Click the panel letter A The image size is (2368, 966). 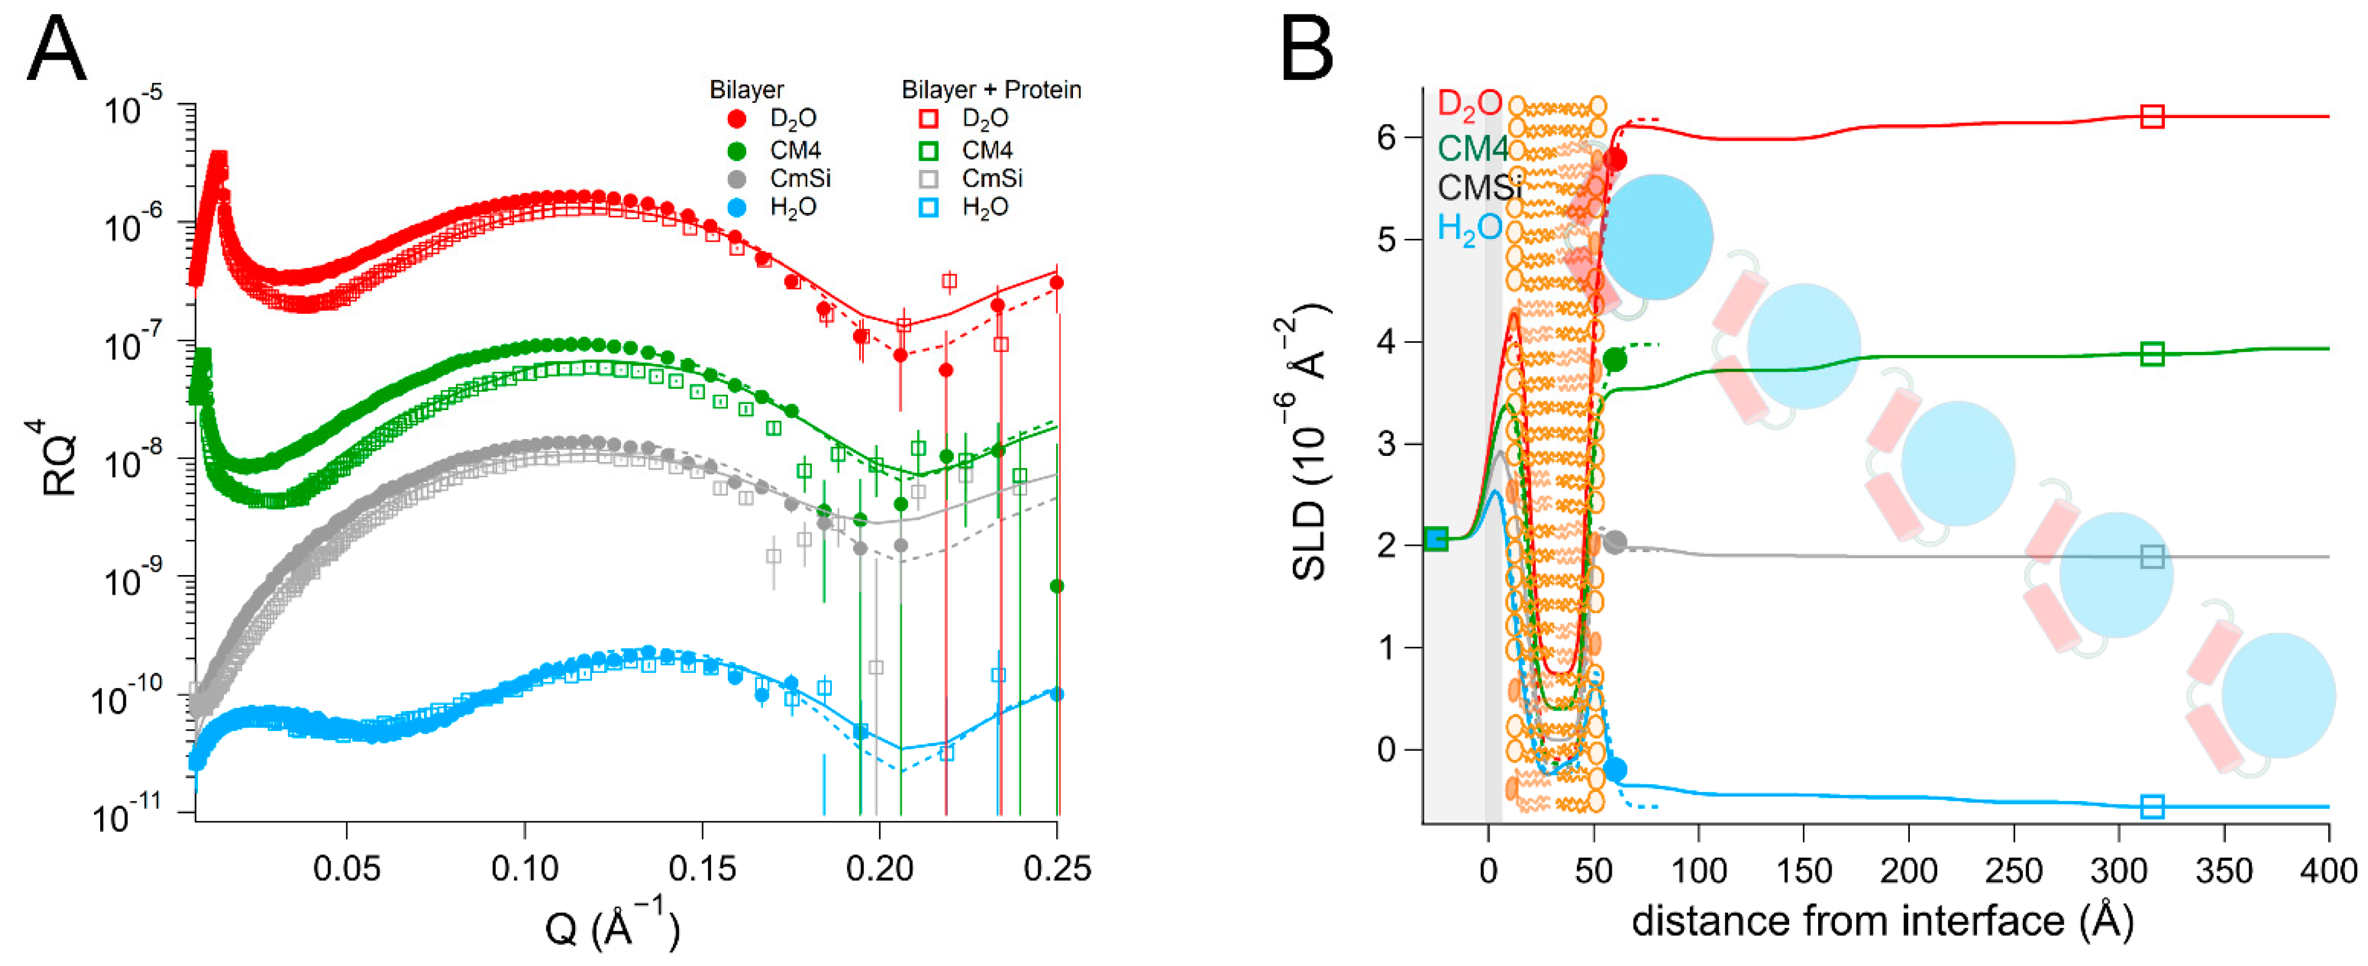click(x=57, y=50)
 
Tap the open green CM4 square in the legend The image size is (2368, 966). click(x=929, y=150)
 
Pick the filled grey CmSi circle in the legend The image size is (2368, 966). click(x=736, y=178)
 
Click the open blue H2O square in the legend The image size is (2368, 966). click(x=929, y=208)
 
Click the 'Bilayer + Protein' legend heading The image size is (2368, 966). click(x=990, y=90)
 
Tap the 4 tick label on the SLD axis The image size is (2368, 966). click(x=1386, y=342)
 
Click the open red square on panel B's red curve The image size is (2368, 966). click(x=2152, y=117)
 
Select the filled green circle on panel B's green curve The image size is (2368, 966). click(x=1614, y=359)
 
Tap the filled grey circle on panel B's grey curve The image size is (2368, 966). click(x=1614, y=542)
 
